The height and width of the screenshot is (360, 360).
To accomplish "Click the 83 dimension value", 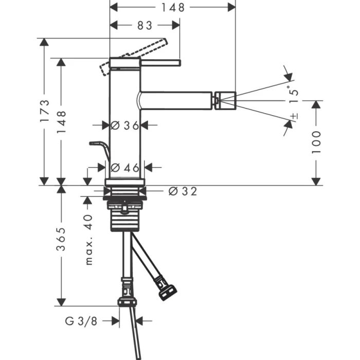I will (146, 25).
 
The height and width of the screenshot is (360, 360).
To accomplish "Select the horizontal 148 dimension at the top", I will (173, 7).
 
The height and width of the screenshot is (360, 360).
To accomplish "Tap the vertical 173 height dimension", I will (45, 110).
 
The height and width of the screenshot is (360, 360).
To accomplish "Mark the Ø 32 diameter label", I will (183, 191).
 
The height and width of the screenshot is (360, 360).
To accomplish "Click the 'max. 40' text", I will (88, 239).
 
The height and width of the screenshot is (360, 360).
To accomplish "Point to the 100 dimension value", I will (316, 142).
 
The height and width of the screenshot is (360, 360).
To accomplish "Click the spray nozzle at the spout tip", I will (225, 100).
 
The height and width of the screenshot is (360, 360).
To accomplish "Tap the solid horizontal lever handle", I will (159, 63).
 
